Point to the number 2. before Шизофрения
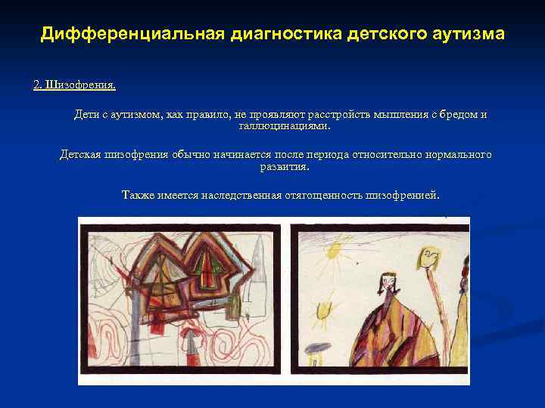38,85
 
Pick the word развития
284,165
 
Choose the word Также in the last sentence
137,195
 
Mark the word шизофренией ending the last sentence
401,195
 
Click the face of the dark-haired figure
388,284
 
